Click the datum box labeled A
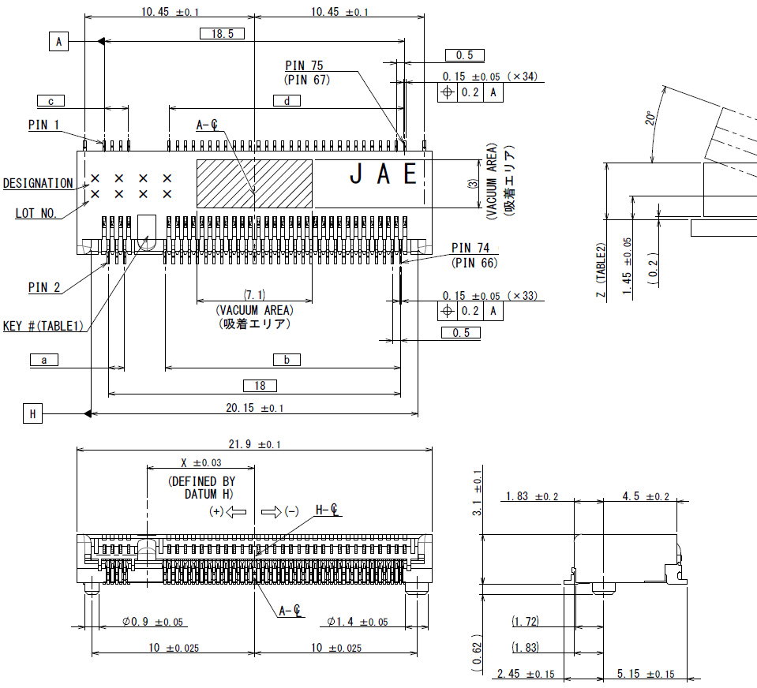tap(58, 41)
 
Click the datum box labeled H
tap(32, 413)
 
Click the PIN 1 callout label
tap(43, 125)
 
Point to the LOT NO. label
tap(36, 213)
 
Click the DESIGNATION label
tap(38, 183)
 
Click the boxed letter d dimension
tap(287, 100)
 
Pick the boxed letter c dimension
tap(51, 100)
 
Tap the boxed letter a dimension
tap(44, 360)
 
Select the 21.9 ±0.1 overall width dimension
tap(254, 444)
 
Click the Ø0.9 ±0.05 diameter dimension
tap(153, 623)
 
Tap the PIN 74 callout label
tap(470, 249)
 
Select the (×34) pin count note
tap(522, 77)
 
